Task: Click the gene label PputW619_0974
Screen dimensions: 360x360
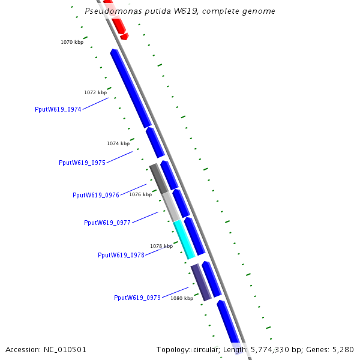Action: [58, 109]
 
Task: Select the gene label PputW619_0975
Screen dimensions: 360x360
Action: [82, 163]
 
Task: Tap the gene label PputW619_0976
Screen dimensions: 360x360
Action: [95, 195]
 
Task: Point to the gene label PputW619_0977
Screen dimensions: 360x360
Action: [107, 223]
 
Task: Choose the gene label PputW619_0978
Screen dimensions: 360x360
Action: [121, 255]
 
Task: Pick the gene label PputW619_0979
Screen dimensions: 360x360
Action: [137, 298]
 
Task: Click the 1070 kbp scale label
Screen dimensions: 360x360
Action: [72, 42]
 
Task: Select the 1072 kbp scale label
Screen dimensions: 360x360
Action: [95, 92]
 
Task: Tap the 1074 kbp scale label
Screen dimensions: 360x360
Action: [118, 143]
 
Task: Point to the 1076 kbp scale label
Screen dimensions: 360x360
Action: [140, 194]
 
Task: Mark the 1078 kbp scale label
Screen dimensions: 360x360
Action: [161, 246]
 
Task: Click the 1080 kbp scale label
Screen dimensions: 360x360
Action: [182, 298]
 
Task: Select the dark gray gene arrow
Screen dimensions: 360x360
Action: [159, 178]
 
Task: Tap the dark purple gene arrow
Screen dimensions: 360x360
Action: [201, 282]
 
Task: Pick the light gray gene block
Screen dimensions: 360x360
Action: [171, 207]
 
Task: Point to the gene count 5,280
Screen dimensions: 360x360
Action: [342, 349]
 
